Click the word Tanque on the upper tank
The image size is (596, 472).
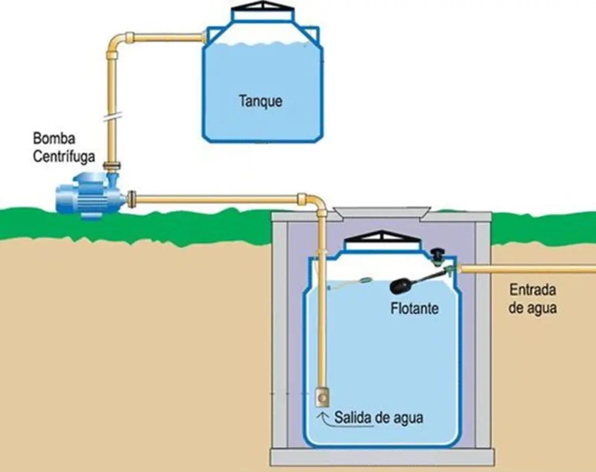pos(260,101)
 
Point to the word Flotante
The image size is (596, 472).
pos(415,309)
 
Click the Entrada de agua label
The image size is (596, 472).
pos(533,300)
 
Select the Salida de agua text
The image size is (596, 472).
pos(378,418)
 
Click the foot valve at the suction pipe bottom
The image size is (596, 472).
pos(322,396)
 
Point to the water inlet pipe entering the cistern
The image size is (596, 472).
pos(524,269)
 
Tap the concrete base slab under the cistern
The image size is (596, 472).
pos(382,457)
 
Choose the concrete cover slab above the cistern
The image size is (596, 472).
pos(381,212)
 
